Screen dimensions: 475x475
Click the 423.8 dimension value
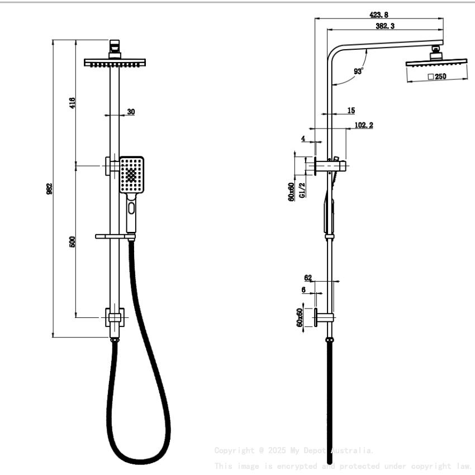[379, 15]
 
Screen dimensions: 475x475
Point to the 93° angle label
[358, 71]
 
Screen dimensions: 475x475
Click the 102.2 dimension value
[364, 126]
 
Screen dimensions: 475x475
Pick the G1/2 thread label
[302, 190]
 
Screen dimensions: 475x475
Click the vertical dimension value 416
[72, 103]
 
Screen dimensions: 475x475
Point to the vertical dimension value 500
[72, 241]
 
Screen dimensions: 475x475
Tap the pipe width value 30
[131, 112]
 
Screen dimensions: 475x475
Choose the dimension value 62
[308, 277]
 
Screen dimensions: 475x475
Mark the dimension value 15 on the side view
[350, 111]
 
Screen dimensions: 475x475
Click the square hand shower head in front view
[131, 174]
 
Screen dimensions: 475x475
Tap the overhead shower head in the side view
[436, 65]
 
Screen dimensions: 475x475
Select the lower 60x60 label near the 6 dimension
[300, 317]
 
